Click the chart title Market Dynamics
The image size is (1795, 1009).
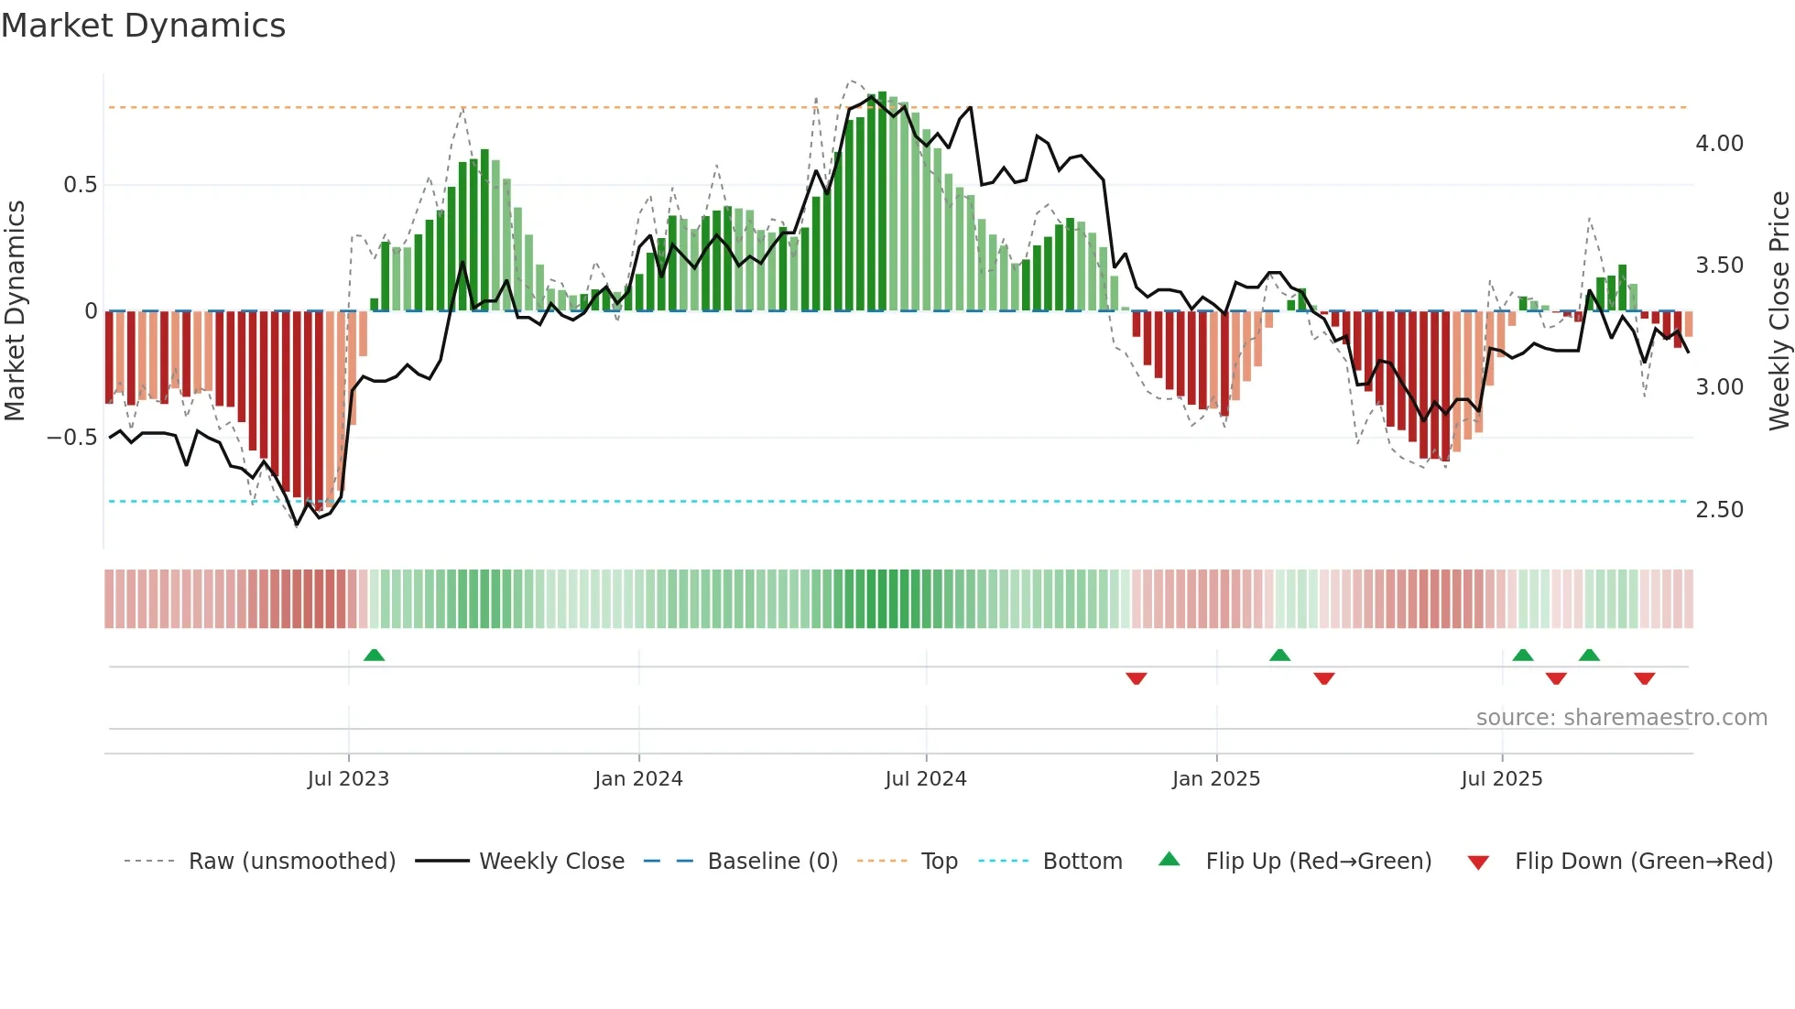tap(143, 26)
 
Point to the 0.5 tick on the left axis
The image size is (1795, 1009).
tap(80, 185)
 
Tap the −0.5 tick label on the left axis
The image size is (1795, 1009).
tap(71, 438)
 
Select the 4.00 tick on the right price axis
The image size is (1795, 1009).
tap(1719, 144)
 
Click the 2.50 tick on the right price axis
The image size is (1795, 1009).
tap(1719, 510)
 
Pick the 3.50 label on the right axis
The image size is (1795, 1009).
tap(1719, 266)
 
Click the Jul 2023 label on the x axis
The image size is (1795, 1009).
tap(348, 779)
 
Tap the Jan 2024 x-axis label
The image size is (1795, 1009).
tap(638, 779)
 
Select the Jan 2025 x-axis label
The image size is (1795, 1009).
tap(1216, 779)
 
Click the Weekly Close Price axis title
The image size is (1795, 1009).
tap(1779, 311)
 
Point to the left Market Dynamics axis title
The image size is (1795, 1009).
tap(15, 311)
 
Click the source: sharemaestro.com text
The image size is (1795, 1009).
tap(1621, 718)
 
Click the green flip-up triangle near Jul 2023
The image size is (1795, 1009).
tap(374, 656)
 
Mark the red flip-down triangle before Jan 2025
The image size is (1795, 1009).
tap(1137, 678)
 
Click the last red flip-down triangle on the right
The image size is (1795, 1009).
tap(1644, 678)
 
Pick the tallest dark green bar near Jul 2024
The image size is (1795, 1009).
tap(882, 201)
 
